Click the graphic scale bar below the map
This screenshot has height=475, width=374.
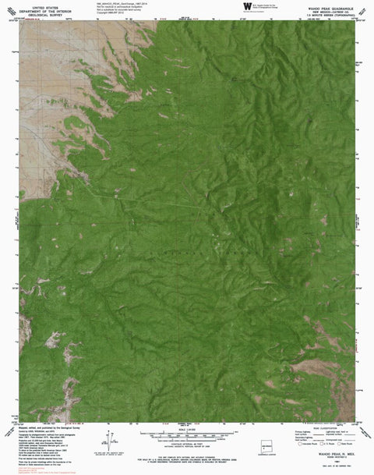tap(188, 431)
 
